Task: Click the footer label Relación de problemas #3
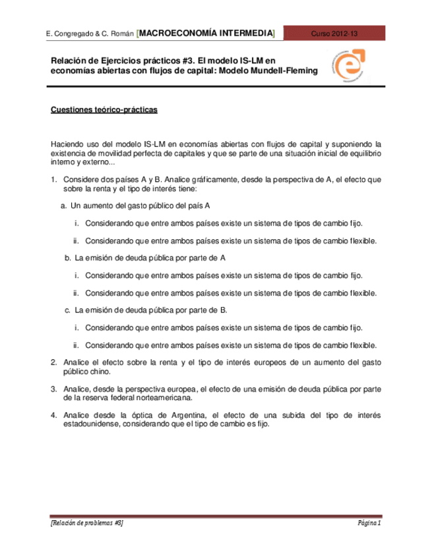click(87, 522)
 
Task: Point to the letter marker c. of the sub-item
click(67, 310)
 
